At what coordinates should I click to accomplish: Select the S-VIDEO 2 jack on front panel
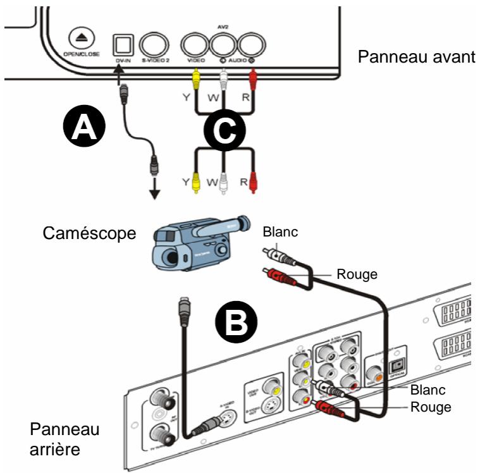(x=154, y=44)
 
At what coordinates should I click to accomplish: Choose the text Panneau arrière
(x=56, y=440)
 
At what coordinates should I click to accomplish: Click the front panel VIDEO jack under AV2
(x=194, y=44)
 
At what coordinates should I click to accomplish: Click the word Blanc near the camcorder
(x=282, y=233)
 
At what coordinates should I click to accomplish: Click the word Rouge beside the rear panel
(x=429, y=407)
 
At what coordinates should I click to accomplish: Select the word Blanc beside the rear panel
(x=429, y=390)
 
